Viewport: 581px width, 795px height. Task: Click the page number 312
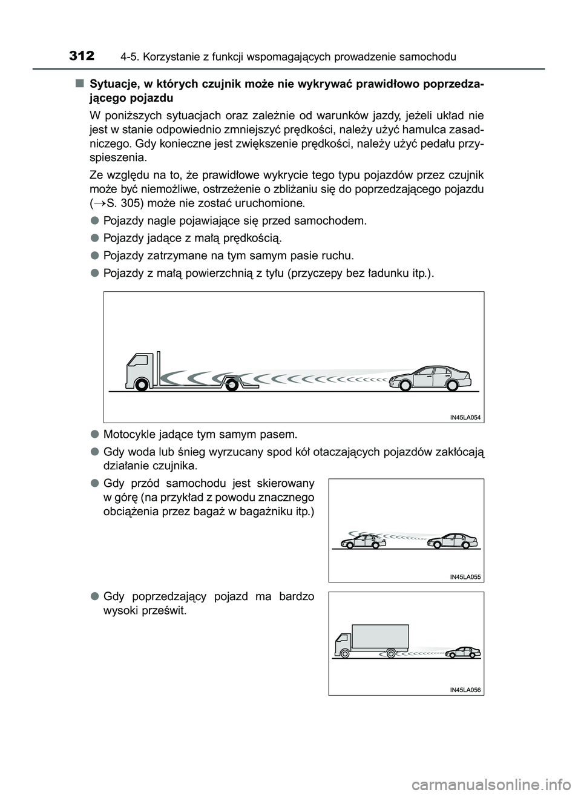pyautogui.click(x=82, y=56)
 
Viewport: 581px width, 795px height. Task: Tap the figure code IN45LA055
pyautogui.click(x=465, y=577)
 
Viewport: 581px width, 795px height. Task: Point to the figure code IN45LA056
pyautogui.click(x=465, y=690)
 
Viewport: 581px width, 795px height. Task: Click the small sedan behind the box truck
pyautogui.click(x=463, y=653)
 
